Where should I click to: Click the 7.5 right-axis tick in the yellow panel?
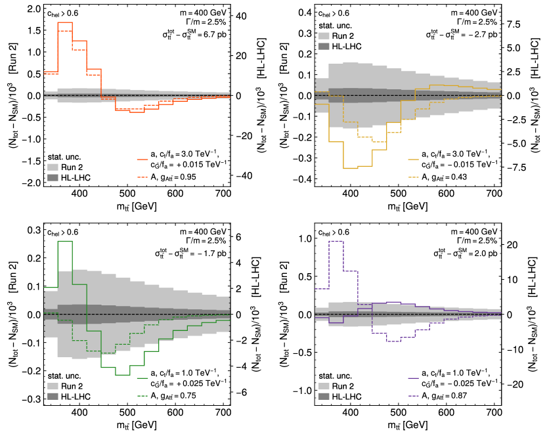click(513, 24)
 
